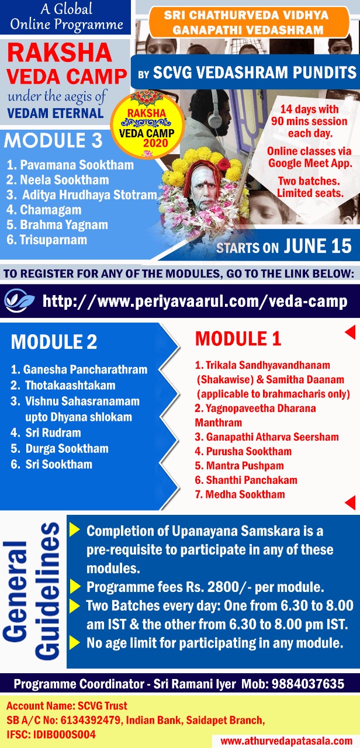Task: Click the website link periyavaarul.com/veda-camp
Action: click(x=195, y=301)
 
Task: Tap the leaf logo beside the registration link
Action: click(x=19, y=301)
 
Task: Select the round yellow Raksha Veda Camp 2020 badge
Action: click(x=147, y=124)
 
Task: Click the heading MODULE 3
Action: click(x=53, y=140)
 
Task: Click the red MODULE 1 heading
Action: click(x=238, y=338)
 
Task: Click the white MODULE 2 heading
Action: click(x=54, y=342)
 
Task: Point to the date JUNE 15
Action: click(x=318, y=246)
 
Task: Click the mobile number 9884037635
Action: click(x=308, y=684)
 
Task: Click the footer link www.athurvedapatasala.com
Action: click(x=286, y=741)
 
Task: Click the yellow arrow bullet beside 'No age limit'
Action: click(x=74, y=642)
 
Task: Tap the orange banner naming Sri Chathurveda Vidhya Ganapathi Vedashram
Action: click(x=249, y=22)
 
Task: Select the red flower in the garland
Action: click(x=224, y=164)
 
